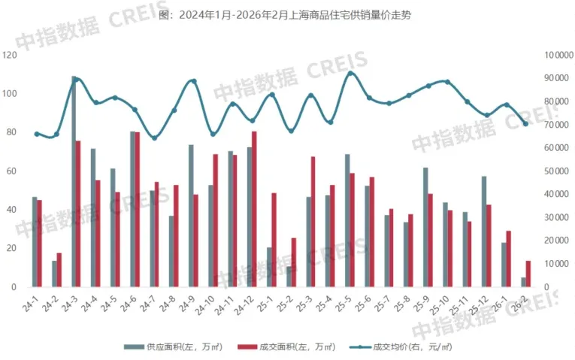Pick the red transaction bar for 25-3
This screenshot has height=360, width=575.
point(313,222)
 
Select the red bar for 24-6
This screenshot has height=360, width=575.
point(138,210)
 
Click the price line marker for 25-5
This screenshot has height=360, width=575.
point(351,73)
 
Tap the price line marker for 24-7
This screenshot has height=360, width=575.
point(155,138)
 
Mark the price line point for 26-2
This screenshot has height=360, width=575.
point(526,124)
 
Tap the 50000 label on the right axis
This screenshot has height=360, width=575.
point(554,171)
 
